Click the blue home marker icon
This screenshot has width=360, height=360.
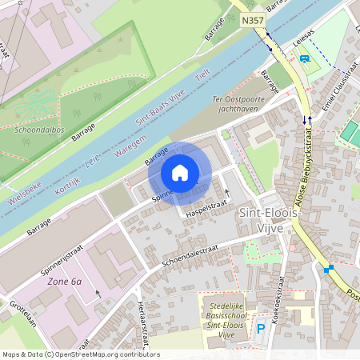click(x=180, y=173)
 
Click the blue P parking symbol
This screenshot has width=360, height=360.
click(x=260, y=328)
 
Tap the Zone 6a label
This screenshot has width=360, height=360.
click(x=66, y=282)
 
